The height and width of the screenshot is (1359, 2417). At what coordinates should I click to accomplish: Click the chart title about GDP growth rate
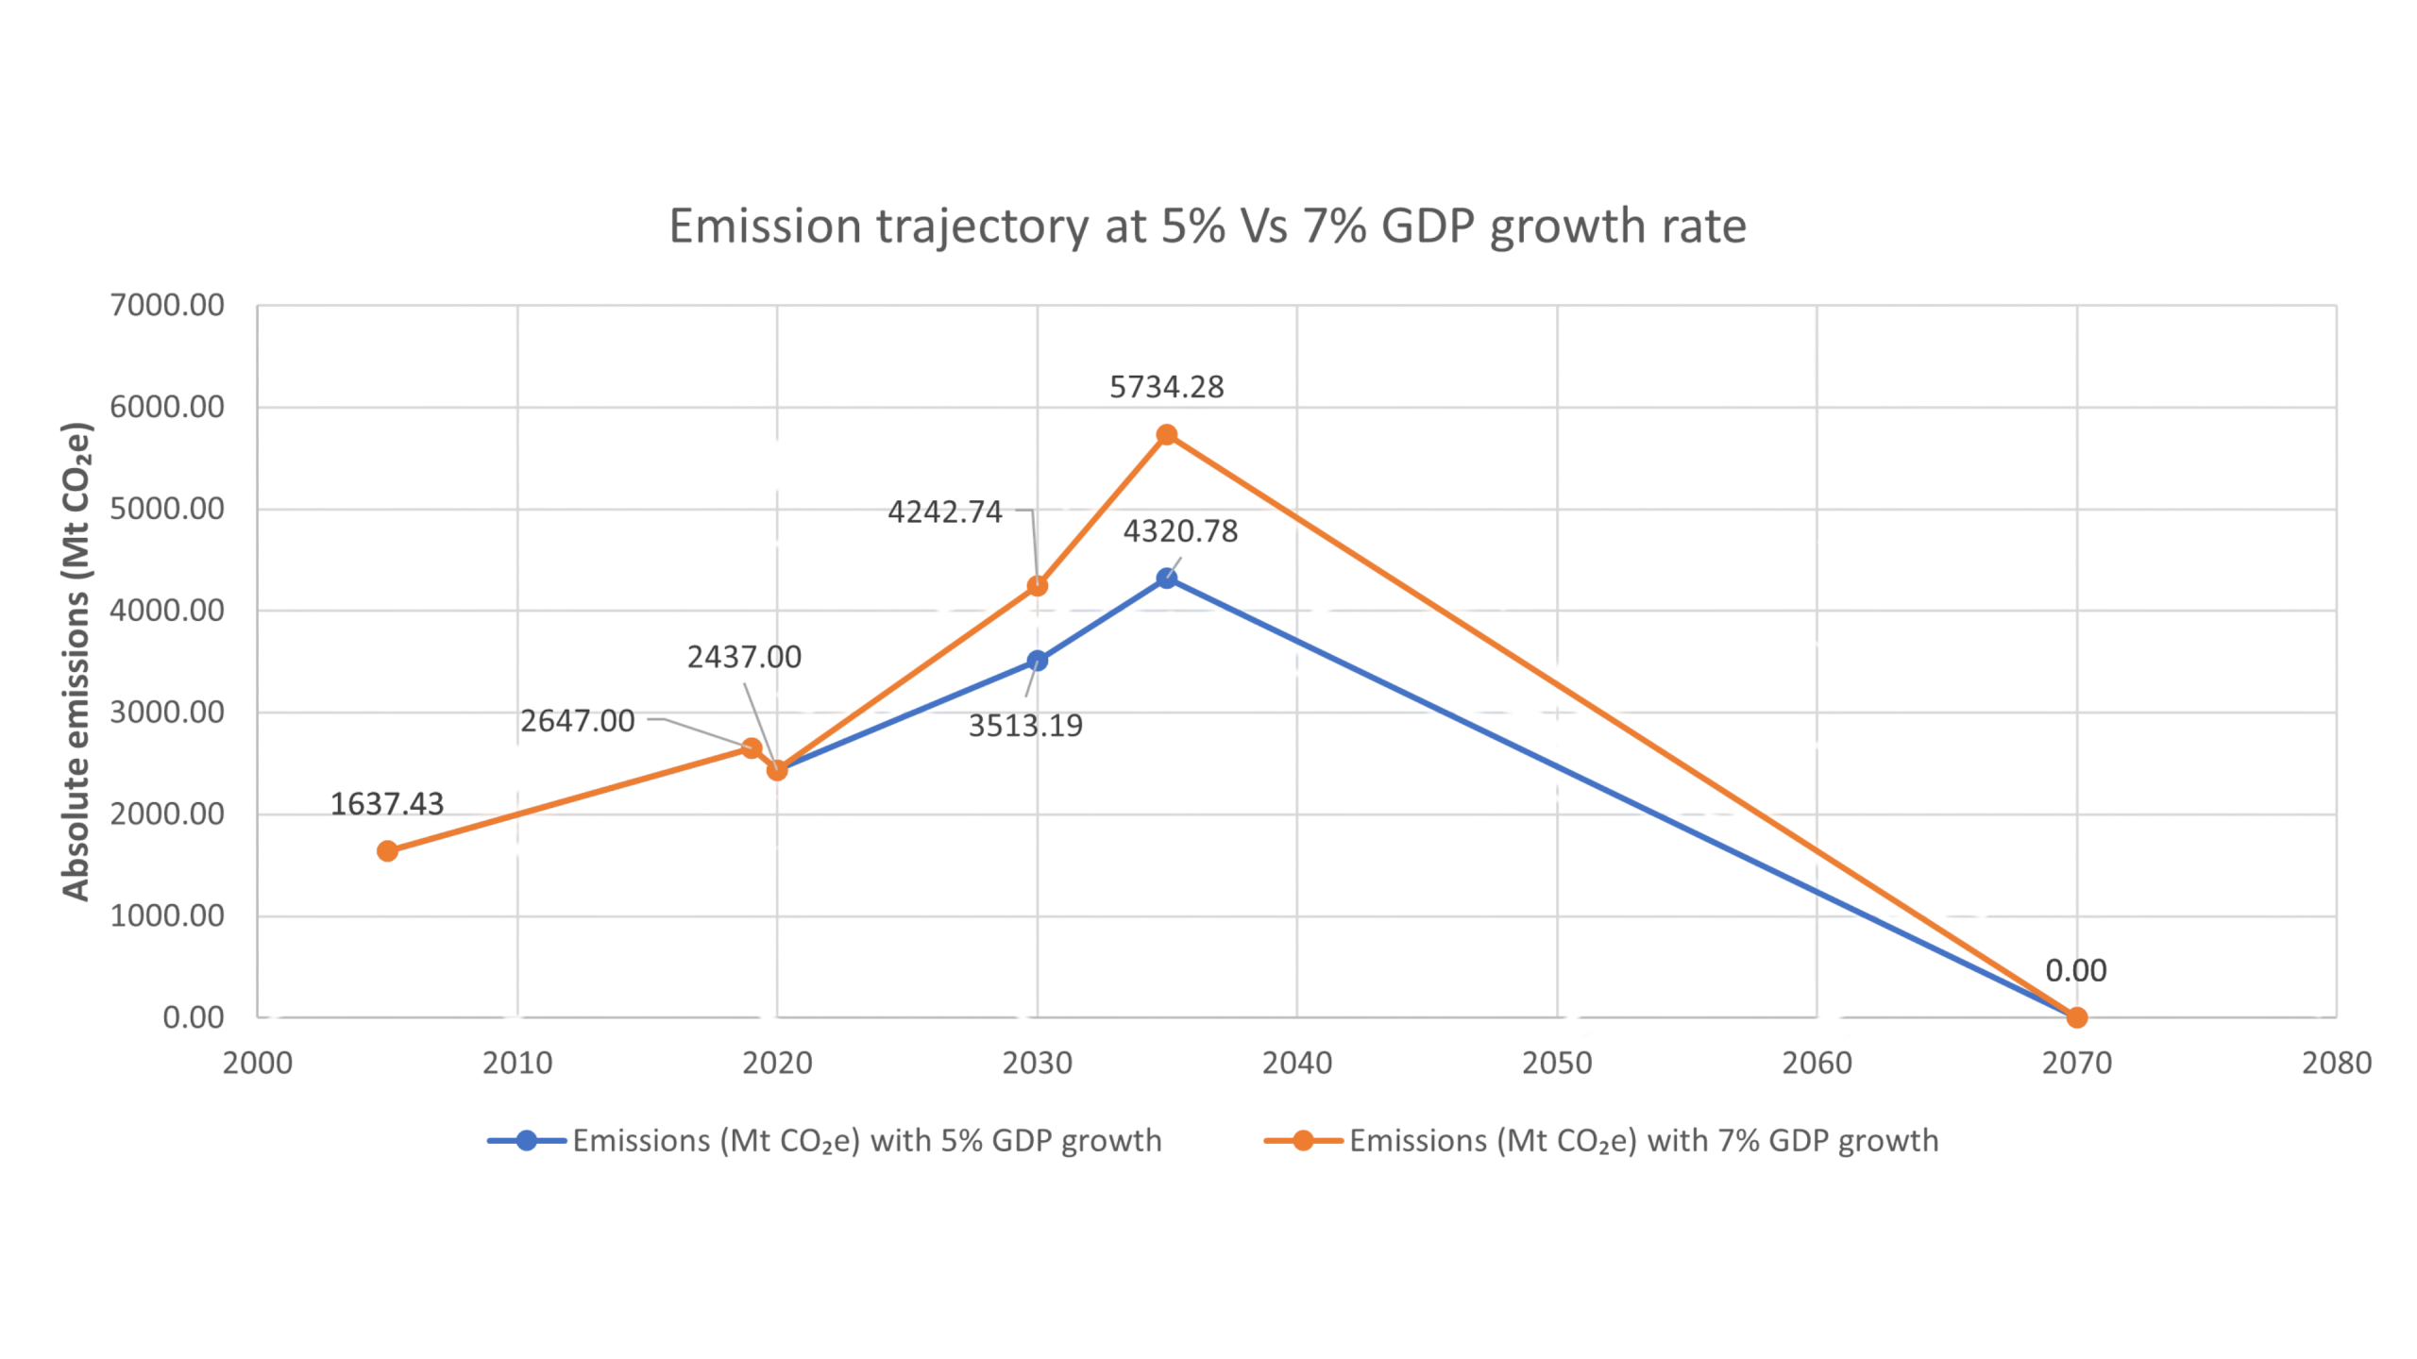coord(1208,227)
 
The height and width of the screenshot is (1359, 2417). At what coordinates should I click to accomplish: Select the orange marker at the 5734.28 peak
coord(1167,434)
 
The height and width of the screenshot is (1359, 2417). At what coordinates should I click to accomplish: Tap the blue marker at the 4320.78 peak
coord(1167,578)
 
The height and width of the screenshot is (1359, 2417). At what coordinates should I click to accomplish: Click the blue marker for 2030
coord(1038,661)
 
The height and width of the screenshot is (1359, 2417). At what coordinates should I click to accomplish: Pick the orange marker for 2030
coord(1038,586)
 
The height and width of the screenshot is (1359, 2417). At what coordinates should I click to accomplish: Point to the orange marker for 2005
coord(387,851)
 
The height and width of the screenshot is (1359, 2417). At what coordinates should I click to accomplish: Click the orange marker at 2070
coord(2077,1017)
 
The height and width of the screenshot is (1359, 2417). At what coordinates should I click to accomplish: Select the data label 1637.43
coord(386,804)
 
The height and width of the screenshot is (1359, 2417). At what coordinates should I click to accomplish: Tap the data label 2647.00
coord(578,722)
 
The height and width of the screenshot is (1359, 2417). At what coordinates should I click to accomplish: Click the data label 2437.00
coord(744,657)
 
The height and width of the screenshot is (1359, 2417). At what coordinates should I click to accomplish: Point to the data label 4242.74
coord(944,512)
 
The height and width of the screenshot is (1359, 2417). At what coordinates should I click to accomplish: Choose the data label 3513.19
coord(1025,726)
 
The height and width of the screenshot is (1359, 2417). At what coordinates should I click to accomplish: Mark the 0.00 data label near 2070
coord(2076,971)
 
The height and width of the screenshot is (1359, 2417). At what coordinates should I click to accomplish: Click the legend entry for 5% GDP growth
coord(825,1141)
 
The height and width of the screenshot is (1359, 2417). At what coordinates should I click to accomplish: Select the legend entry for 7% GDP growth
coord(1602,1141)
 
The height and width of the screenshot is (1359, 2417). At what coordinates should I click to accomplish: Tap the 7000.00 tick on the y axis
coord(167,306)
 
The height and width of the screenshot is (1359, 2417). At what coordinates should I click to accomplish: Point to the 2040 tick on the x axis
coord(1297,1064)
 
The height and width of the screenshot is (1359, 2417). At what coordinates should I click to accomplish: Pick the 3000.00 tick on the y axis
coord(167,713)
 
